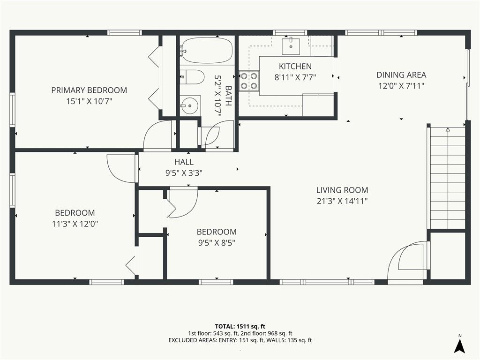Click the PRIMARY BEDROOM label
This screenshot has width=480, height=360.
coord(89,90)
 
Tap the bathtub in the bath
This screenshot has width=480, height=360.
coord(206,51)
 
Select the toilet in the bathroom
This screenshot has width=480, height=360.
coord(192,77)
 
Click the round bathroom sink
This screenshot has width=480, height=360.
coord(190,105)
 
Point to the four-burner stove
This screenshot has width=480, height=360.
coord(249,81)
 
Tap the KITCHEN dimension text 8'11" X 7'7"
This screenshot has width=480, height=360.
coord(295,77)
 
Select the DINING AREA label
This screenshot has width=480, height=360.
coord(401,75)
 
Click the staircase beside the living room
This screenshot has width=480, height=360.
coord(447,178)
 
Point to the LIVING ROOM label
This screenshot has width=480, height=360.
coord(342,190)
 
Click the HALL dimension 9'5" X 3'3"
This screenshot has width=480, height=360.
coord(184,173)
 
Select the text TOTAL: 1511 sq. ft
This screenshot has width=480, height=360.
coord(240,326)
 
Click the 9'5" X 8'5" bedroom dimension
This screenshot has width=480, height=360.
coord(217,243)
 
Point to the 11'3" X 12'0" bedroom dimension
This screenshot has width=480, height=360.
coord(75,224)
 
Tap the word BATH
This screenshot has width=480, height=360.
coord(228,96)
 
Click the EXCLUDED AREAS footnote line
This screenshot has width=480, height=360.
coord(240,340)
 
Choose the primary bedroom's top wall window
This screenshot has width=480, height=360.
coord(125,32)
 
